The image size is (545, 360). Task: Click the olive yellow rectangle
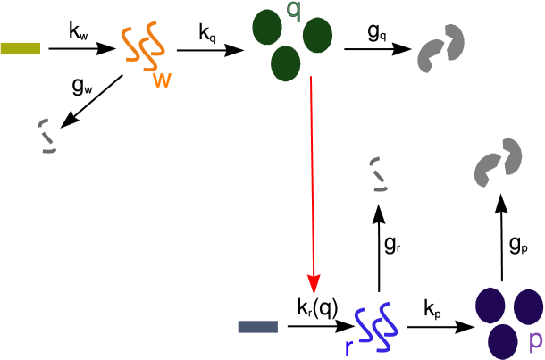pos(20,48)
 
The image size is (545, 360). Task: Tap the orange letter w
pos(162,80)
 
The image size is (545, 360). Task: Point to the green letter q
pos(293,11)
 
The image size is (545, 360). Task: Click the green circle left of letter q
pos(267,28)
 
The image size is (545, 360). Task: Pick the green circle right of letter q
pos(317,36)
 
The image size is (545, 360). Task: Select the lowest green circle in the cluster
pos(285,63)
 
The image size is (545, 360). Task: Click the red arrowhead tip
pos(314,291)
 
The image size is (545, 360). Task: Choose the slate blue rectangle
pos(259,326)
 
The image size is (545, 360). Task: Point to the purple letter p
pos(535,339)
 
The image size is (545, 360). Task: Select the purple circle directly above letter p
pos(528,306)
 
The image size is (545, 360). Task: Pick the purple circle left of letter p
pos(503,341)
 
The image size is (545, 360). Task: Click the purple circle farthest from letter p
pos(490,306)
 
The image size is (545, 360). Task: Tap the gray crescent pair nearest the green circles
pos(441,49)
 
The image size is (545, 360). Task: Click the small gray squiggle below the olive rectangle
pos(47,136)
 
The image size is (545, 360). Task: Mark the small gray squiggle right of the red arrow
pos(380,174)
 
